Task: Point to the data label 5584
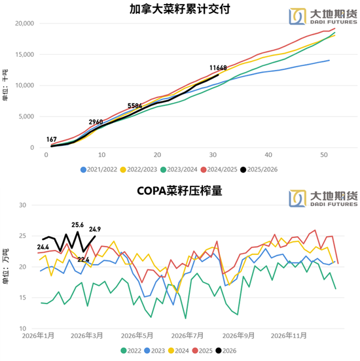pos(135,105)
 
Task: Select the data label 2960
pos(96,122)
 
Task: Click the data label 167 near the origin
pos(52,139)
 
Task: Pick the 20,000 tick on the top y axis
pos(25,24)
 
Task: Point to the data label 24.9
pos(96,229)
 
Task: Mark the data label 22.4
pos(84,260)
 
